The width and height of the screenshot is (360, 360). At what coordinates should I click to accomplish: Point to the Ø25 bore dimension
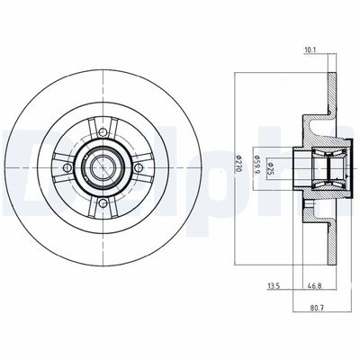tap(272, 165)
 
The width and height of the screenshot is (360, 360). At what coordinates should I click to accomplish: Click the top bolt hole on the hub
tap(103, 137)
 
